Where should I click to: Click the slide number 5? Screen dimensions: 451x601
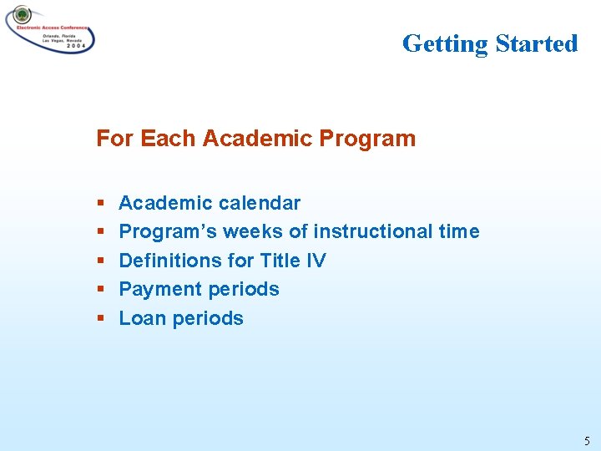[x=586, y=441]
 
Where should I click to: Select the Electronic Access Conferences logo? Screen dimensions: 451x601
[x=50, y=29]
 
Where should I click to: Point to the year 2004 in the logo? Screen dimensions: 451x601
[x=73, y=47]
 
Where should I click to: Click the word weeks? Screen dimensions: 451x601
[x=245, y=231]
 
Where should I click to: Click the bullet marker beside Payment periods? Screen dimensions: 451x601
[x=100, y=290]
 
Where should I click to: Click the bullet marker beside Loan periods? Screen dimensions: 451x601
[x=100, y=319]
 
